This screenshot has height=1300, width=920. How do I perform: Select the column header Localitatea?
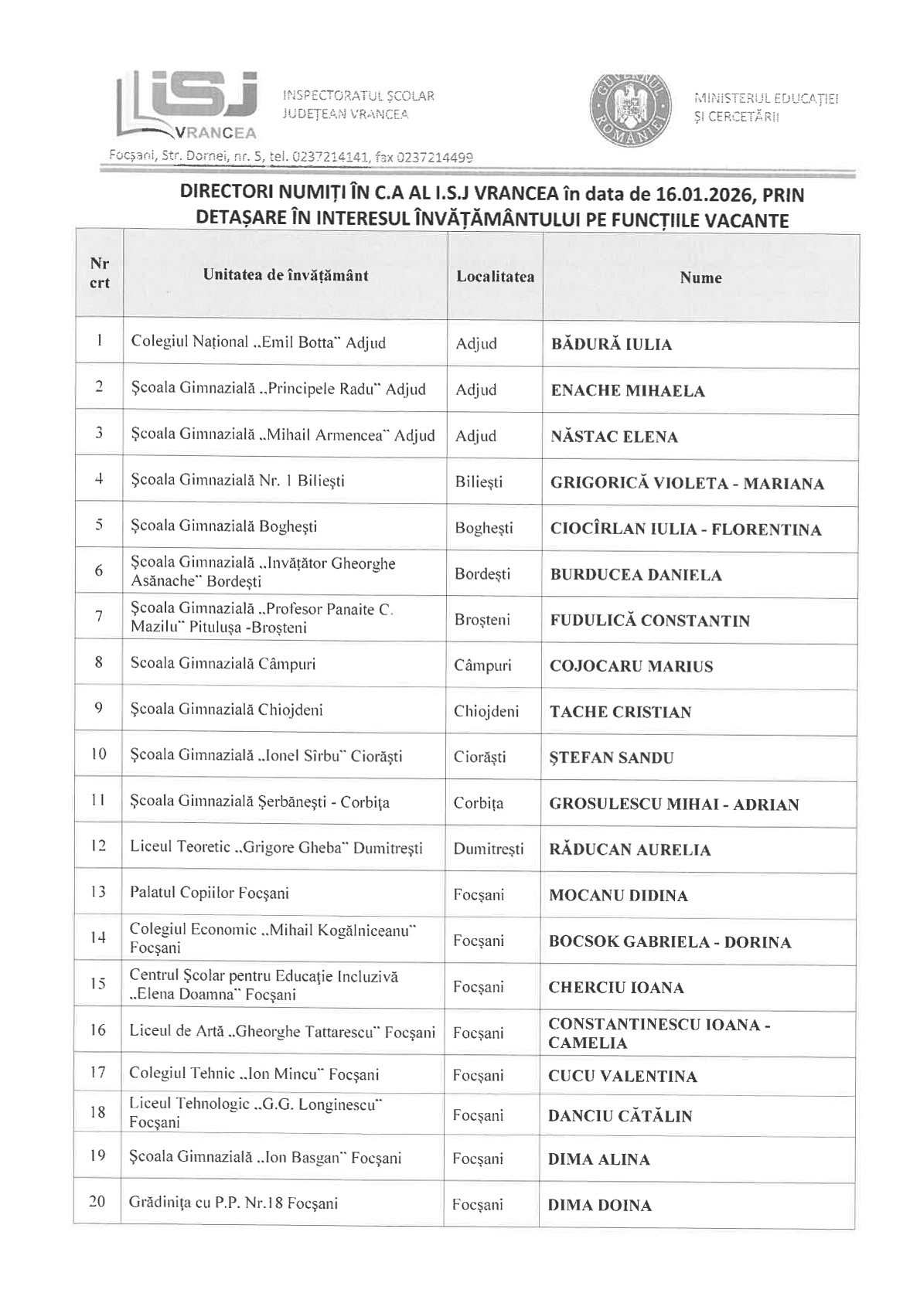pos(495,277)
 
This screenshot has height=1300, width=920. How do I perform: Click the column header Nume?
pos(701,277)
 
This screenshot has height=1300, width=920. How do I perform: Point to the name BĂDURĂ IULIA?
pos(611,345)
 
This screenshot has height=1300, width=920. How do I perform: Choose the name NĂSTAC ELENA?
pos(614,437)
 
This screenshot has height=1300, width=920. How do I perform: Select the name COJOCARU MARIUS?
pos(631,666)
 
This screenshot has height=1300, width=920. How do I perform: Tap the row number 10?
pos(98,754)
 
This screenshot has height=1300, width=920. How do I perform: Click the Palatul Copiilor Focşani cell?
pos(210,893)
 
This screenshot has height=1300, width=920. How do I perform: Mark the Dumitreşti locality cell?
pos(489,849)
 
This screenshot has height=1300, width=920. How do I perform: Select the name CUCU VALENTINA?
pos(622,1077)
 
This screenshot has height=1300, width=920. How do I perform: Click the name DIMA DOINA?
pos(600,1205)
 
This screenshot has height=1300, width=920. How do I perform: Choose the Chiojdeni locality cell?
pos(486,711)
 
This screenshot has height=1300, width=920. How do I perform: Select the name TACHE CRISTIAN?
pos(620,712)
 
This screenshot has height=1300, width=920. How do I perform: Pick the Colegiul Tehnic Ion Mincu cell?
pos(254,1074)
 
